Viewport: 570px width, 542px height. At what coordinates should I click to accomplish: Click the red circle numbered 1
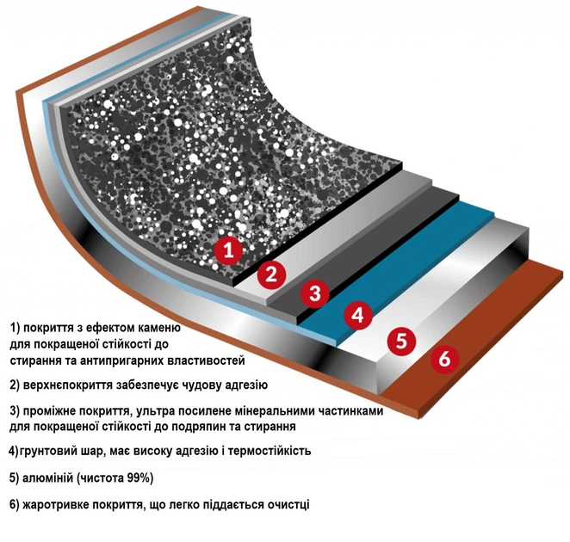[228, 250]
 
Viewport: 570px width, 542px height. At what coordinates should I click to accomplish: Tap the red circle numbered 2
[271, 274]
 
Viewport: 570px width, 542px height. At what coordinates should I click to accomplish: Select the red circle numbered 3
[315, 293]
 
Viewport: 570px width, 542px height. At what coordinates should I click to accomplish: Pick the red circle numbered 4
[358, 315]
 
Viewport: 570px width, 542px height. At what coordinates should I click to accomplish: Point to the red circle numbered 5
[401, 341]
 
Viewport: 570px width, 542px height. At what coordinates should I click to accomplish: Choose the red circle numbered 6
[444, 359]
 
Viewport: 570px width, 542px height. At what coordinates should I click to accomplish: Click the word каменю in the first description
[158, 328]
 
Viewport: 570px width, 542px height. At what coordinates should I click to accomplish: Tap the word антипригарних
[122, 360]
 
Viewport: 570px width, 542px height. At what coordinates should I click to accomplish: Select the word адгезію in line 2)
[246, 385]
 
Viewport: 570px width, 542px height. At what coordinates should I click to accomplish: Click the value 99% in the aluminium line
[139, 477]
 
